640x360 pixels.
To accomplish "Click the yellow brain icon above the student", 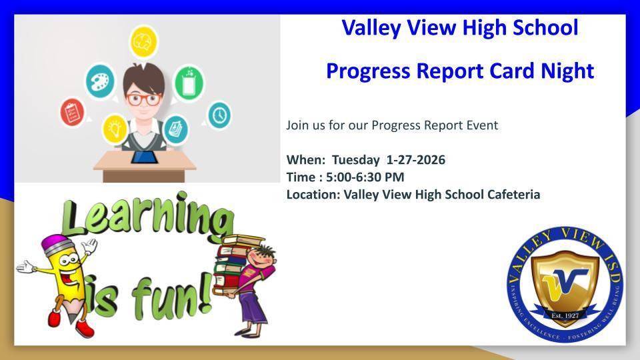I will pos(143,41).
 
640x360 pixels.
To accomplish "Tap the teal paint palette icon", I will pos(100,81).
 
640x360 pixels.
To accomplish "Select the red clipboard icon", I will pos(72,111).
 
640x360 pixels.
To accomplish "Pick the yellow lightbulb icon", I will pos(115,127).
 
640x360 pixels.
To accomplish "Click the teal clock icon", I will pos(219,115).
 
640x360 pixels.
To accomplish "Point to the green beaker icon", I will pos(189,83).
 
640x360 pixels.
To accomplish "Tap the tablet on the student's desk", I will pos(145,157).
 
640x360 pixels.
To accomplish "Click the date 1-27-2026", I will pos(416,160).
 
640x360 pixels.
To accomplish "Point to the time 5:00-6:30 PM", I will pos(364,177).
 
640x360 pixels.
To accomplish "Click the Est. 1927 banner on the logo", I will pos(565,315).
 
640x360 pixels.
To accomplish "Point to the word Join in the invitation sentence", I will pos(298,125).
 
